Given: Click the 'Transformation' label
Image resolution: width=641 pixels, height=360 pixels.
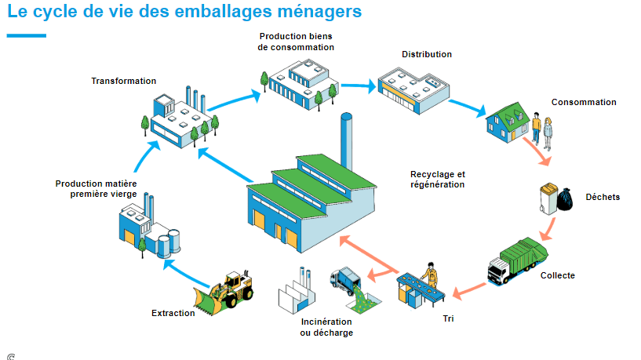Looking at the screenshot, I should pos(123,81).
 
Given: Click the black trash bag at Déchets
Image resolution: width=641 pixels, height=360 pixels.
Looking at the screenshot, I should pos(564,203).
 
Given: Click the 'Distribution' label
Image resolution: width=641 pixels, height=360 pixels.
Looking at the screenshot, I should pos(427,55).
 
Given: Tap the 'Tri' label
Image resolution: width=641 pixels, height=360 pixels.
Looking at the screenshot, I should pos(449,318).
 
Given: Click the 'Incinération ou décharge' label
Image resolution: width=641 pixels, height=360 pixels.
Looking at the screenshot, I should pos(326,327).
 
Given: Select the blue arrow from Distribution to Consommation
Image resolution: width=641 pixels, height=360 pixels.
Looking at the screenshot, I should pos(469,105).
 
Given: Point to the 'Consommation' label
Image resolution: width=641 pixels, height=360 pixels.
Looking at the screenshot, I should pos(584,102).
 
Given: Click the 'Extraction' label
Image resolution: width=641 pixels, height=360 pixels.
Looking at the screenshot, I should pos(173,314).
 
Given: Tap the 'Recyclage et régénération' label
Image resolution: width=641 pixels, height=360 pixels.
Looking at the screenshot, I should pos(437,179).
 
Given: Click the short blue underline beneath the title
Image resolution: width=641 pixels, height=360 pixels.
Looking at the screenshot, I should pos(26,35).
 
